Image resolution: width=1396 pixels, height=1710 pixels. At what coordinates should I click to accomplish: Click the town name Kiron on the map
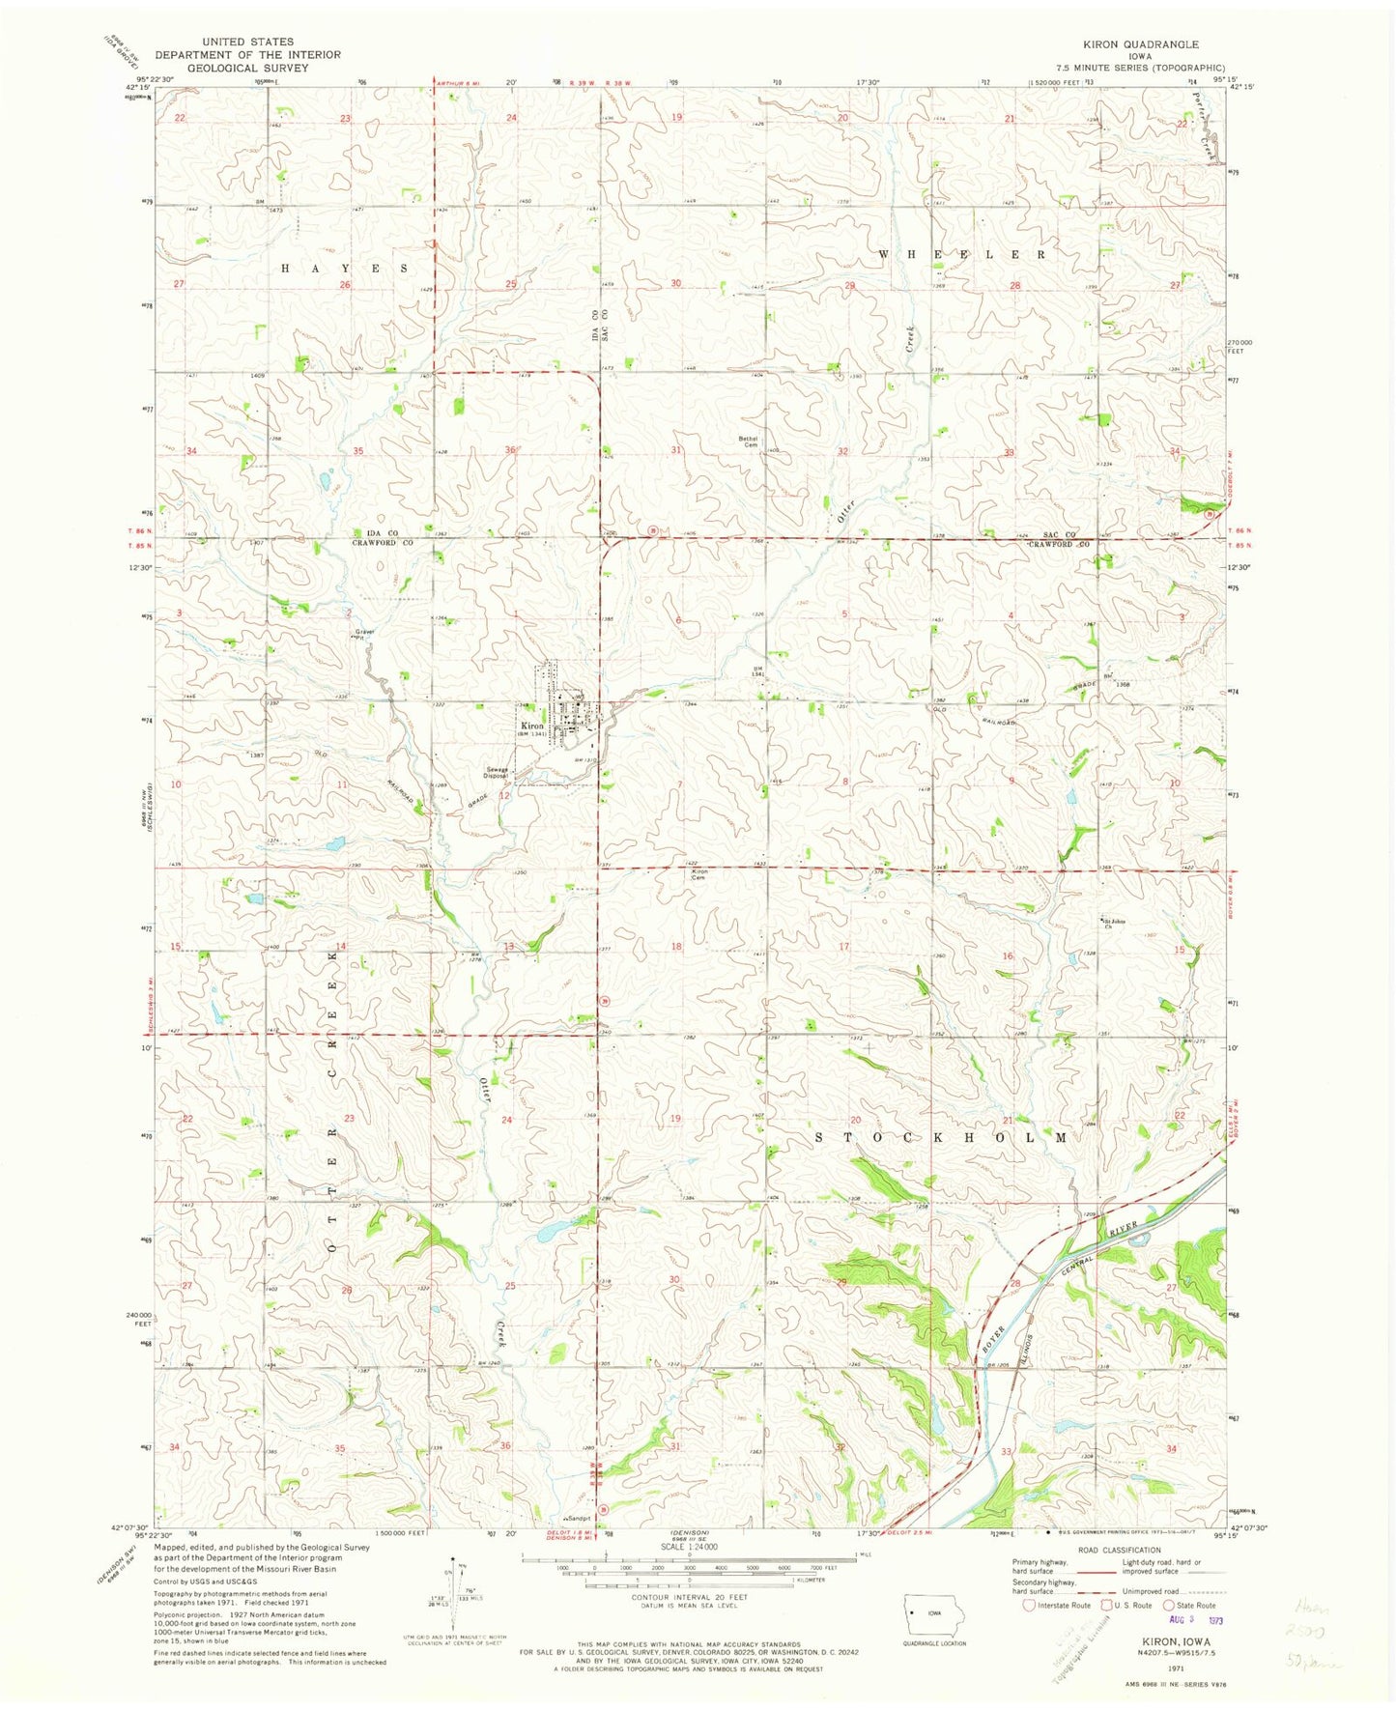(x=532, y=725)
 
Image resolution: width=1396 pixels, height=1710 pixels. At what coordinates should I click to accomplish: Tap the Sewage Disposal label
(x=497, y=773)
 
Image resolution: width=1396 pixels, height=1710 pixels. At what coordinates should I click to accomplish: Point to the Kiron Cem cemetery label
(x=700, y=873)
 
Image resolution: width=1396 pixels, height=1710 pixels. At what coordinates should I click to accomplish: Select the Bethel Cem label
(x=749, y=442)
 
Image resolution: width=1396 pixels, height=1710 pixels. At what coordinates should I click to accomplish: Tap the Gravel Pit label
(x=362, y=635)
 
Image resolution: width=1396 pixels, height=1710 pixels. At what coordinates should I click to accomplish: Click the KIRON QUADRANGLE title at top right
(x=1154, y=44)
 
